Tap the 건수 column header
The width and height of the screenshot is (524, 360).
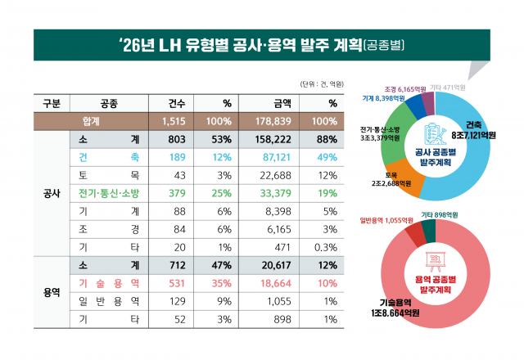[177, 104]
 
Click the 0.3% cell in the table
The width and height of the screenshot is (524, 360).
[326, 247]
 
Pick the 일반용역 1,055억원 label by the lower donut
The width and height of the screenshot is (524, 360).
[385, 220]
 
